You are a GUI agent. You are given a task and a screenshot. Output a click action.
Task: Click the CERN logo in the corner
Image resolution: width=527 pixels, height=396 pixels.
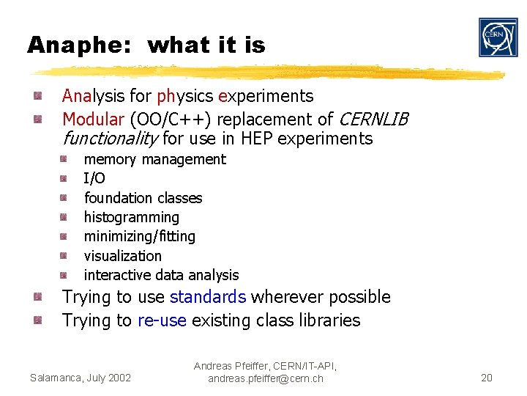point(498,37)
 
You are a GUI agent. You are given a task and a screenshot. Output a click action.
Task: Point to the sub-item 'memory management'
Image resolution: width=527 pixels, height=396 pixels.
point(154,159)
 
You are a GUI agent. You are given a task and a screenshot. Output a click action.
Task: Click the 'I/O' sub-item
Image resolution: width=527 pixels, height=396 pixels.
point(94,178)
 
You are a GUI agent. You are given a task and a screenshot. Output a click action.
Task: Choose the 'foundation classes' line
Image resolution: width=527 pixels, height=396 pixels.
point(143,198)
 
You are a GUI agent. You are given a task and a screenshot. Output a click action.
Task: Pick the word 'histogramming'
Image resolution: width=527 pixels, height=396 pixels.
point(131,217)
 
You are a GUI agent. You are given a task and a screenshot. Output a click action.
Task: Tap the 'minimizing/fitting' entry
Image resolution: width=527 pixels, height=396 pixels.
point(139,236)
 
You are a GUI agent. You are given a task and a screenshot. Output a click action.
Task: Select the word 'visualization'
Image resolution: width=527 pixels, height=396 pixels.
point(122,256)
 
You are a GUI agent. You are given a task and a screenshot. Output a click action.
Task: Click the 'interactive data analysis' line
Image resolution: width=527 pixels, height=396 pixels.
point(161,275)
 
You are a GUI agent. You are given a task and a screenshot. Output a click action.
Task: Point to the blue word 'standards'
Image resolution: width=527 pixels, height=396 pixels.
point(207,297)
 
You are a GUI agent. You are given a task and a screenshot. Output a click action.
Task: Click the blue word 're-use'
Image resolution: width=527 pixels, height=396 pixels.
point(162,320)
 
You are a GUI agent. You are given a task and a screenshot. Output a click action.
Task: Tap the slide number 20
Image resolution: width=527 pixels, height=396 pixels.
point(487,378)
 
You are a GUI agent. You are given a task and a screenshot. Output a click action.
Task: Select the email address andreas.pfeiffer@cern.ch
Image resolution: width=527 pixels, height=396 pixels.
point(265,378)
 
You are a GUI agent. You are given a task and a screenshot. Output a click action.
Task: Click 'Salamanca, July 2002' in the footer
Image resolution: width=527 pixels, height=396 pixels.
point(81,378)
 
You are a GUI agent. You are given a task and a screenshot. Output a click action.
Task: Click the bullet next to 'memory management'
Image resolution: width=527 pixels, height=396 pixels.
point(64,158)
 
